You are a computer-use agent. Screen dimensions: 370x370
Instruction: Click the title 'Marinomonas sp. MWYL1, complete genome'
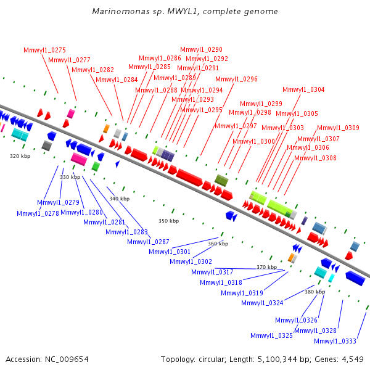pyautogui.click(x=185, y=12)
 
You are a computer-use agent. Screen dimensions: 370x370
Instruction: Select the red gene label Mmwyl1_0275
pyautogui.click(x=44, y=51)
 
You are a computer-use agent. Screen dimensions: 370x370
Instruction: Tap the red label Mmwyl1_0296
pyautogui.click(x=236, y=80)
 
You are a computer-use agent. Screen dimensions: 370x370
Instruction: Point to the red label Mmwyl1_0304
pyautogui.click(x=303, y=89)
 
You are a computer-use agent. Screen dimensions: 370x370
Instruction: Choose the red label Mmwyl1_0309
pyautogui.click(x=338, y=128)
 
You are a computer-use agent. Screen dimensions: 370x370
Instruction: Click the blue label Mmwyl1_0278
pyautogui.click(x=38, y=213)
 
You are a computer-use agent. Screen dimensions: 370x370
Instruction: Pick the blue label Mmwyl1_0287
pyautogui.click(x=148, y=242)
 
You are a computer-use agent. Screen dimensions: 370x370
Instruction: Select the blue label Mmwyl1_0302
pyautogui.click(x=191, y=261)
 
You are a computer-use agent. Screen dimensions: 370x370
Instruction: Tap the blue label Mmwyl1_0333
pyautogui.click(x=335, y=341)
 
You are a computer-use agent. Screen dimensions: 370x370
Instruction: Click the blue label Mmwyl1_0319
pyautogui.click(x=242, y=293)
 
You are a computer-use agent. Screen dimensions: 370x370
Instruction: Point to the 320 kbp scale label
pyautogui.click(x=20, y=156)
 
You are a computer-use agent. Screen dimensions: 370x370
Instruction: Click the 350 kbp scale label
pyautogui.click(x=169, y=221)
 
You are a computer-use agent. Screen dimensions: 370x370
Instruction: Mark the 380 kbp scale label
pyautogui.click(x=314, y=292)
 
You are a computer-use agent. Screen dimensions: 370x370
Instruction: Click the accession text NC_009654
pyautogui.click(x=67, y=360)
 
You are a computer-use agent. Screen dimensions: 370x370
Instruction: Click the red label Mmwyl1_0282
pyautogui.click(x=92, y=70)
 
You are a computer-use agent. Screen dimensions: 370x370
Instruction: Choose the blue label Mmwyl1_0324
pyautogui.click(x=262, y=303)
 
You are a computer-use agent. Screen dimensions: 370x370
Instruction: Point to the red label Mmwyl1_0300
pyautogui.click(x=253, y=142)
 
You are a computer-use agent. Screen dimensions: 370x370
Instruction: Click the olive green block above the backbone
pyautogui.click(x=221, y=180)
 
